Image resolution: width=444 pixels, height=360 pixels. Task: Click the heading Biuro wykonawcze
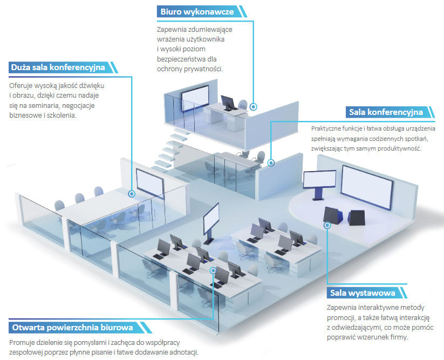[197, 12]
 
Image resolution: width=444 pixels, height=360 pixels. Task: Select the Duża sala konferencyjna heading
[58, 67]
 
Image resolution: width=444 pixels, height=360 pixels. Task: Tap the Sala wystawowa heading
[363, 293]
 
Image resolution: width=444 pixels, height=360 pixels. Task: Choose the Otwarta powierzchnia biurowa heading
[72, 328]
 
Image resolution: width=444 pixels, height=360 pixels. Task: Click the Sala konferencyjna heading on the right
[386, 112]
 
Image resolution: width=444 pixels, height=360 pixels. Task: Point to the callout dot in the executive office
[254, 106]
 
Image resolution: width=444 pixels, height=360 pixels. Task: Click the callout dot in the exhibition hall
[327, 225]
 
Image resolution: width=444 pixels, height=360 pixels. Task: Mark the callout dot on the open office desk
[213, 270]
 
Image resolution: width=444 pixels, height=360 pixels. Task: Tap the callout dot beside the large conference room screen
[132, 194]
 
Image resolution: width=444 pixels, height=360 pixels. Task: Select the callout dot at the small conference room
[271, 163]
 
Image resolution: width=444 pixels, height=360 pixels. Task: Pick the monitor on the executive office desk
[228, 102]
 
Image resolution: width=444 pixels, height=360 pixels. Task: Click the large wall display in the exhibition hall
[367, 187]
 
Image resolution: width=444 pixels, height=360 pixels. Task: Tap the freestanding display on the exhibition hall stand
[319, 180]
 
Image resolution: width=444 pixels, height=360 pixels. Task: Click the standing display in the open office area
[211, 218]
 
